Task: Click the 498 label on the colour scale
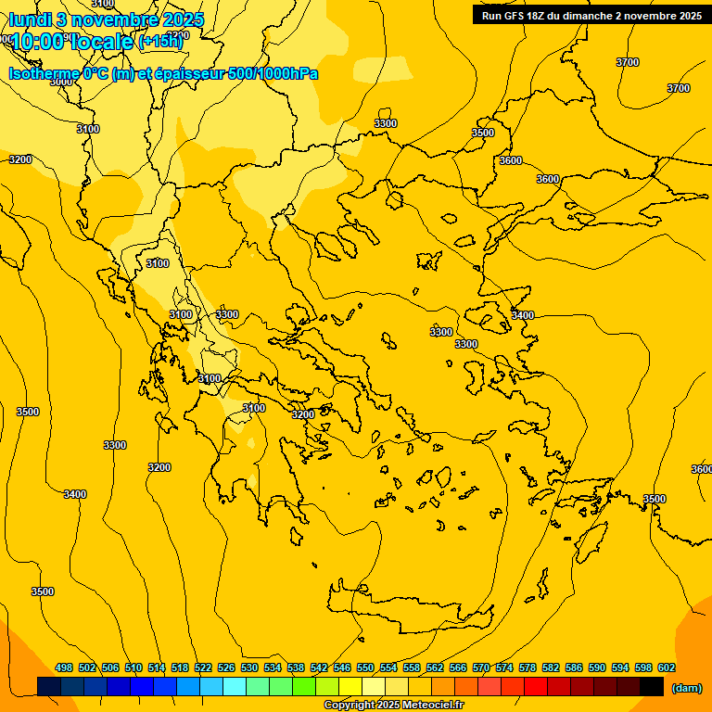click(64, 667)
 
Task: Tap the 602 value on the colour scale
click(666, 667)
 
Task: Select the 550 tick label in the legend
click(365, 667)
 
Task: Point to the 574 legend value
click(504, 667)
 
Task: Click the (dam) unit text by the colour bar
click(686, 687)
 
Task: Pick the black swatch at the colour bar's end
click(652, 686)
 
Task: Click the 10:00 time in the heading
click(37, 42)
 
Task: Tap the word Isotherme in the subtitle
click(44, 73)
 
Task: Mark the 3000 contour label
click(61, 82)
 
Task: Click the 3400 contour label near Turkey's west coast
click(523, 315)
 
